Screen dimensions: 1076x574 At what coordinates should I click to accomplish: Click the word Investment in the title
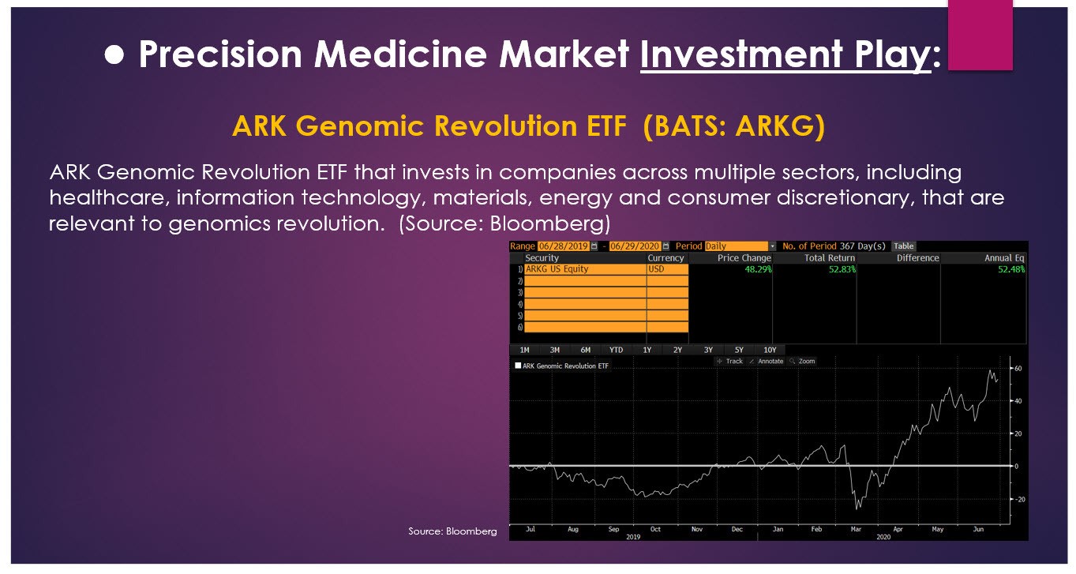[741, 54]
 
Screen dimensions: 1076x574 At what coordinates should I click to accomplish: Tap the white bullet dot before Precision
[114, 54]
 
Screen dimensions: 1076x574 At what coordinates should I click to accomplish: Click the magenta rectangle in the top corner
[980, 35]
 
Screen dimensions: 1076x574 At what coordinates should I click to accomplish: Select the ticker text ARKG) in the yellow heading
[780, 126]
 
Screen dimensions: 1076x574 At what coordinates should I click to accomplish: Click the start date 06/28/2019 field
[563, 246]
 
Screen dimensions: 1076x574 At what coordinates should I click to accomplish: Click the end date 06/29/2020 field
[635, 246]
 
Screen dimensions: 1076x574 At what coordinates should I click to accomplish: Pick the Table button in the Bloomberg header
[903, 246]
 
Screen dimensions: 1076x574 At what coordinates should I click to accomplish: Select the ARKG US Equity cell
[557, 269]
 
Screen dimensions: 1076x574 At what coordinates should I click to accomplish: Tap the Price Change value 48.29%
[758, 269]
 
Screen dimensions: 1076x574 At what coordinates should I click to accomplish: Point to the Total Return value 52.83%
[842, 269]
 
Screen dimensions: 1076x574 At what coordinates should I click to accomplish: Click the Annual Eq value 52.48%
[1011, 269]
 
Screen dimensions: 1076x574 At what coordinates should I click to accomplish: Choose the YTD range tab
[616, 350]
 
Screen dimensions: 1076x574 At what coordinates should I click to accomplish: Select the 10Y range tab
[770, 350]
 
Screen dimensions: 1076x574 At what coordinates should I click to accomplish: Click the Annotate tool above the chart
[770, 361]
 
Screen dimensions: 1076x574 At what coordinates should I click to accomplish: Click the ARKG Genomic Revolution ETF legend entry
[561, 366]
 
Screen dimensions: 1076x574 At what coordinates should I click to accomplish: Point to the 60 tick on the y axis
[1018, 369]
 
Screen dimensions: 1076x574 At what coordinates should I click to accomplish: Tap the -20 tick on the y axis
[1019, 499]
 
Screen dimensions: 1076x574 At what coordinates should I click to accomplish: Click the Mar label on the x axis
[856, 529]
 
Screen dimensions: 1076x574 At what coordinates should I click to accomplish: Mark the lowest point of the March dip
[857, 508]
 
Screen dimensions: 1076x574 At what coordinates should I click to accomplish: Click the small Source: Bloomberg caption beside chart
[452, 531]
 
